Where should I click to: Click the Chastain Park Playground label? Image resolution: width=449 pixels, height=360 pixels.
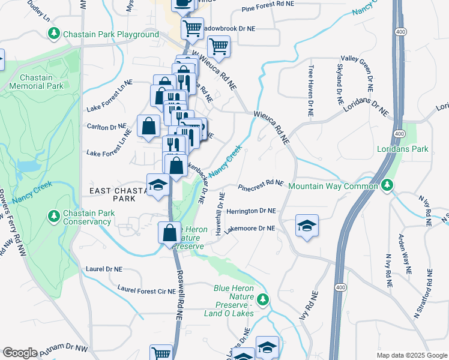coord(112,35)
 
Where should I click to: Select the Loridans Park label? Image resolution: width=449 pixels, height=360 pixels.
coord(402,149)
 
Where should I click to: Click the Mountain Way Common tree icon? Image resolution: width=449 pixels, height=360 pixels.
coord(387,186)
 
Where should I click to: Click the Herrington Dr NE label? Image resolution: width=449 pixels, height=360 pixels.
coord(250,211)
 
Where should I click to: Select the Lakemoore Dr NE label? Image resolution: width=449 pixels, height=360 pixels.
coord(250,229)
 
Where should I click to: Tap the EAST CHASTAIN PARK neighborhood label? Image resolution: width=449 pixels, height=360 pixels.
coord(118,194)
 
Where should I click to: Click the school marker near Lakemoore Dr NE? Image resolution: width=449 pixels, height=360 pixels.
coord(307,226)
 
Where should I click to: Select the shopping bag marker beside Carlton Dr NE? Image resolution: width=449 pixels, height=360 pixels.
coord(148,126)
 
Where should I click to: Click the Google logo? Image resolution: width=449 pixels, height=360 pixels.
coord(19,353)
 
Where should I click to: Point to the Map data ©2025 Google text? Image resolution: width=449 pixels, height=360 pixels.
coord(411,355)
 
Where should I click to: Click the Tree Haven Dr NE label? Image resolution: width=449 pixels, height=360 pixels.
coord(311,91)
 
